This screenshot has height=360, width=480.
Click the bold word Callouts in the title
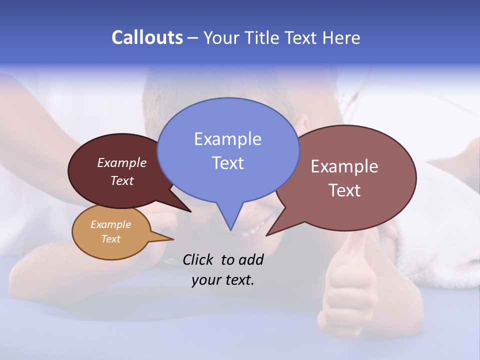147,37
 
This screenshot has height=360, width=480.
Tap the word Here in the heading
340,37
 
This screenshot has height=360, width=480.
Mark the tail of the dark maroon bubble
188,210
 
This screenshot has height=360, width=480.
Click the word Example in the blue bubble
227,139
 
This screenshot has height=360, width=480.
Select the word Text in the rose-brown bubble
344,190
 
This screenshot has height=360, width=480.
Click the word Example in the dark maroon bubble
121,163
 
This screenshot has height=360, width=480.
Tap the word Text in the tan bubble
111,239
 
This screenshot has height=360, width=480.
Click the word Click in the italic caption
198,259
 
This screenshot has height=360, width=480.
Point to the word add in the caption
251,259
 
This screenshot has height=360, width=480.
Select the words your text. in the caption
222,280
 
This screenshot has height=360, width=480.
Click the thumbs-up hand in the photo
350,285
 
